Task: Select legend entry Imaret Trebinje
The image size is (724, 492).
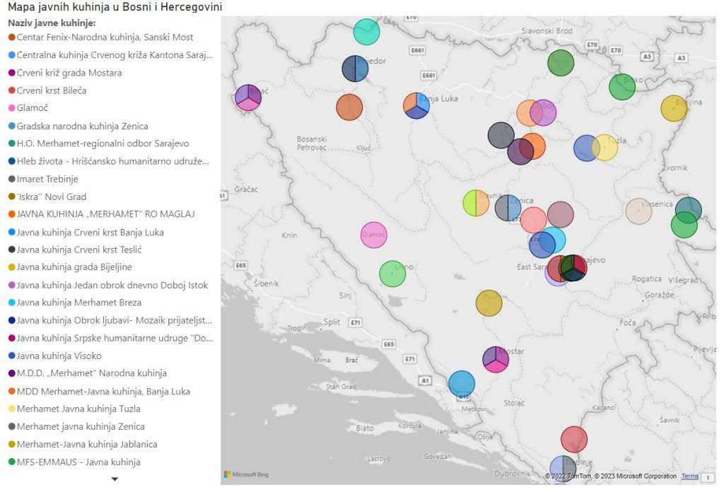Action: tap(47, 179)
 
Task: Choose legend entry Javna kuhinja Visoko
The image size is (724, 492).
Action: tap(59, 356)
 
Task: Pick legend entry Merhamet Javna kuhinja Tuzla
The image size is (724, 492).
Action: tap(78, 409)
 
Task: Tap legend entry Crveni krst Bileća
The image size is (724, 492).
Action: tap(52, 90)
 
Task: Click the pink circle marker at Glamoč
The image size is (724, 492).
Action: tap(374, 235)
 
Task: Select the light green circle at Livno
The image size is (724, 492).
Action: tap(392, 274)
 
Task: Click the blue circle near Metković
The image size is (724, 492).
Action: tap(462, 384)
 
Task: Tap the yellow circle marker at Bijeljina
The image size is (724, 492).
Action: tap(674, 108)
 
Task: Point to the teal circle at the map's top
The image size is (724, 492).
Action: tap(366, 31)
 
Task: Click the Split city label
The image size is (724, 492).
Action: tap(332, 322)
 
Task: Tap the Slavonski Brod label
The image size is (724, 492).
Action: tap(547, 31)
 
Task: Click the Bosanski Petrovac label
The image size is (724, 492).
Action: tap(311, 143)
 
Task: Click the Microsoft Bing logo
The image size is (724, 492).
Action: tap(246, 474)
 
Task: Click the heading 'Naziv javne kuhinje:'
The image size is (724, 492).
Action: tap(52, 23)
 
